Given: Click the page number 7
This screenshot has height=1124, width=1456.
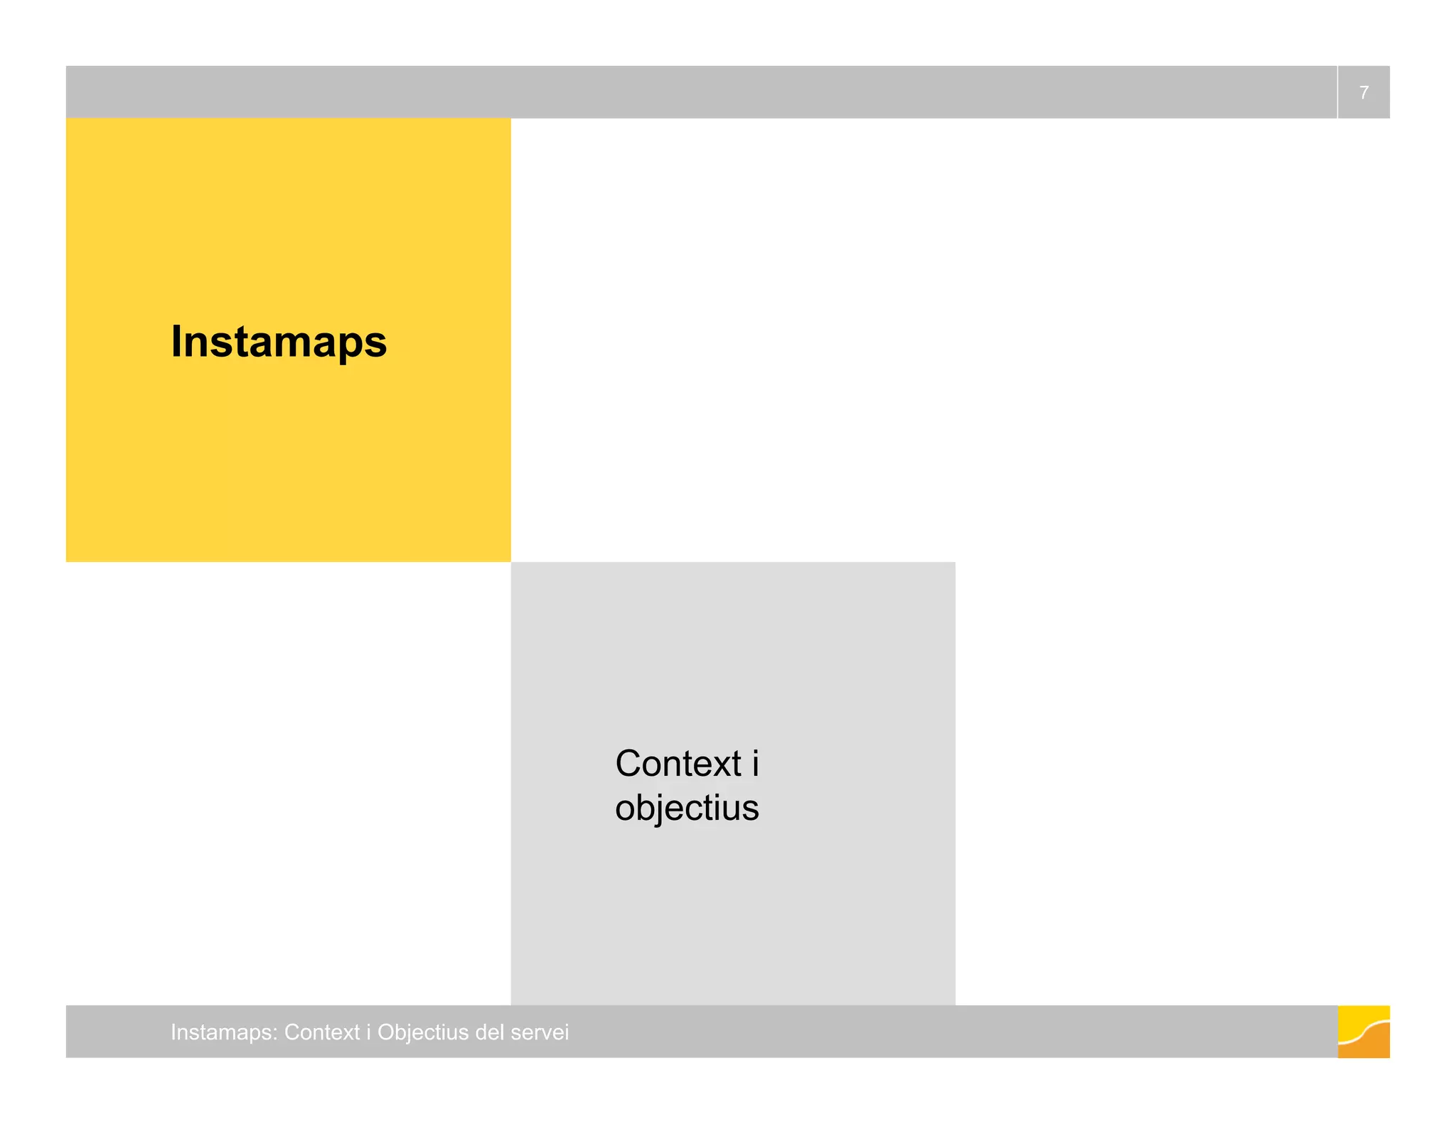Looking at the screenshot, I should (1363, 92).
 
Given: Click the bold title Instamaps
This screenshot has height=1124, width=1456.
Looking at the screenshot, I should (279, 342).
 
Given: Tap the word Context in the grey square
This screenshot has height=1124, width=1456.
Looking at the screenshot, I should (678, 764).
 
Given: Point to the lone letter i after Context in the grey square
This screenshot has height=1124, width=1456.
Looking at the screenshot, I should (755, 764).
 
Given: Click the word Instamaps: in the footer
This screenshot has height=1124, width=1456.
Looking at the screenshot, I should (224, 1032).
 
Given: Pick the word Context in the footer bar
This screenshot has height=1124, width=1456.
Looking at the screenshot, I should (322, 1032).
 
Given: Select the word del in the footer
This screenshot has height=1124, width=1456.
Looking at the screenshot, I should (487, 1032).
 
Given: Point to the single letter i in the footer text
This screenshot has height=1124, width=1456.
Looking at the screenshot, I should (368, 1032).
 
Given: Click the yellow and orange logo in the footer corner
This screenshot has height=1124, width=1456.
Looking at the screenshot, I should (1363, 1032).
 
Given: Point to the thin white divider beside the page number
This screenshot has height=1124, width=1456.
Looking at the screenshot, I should (1337, 92).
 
